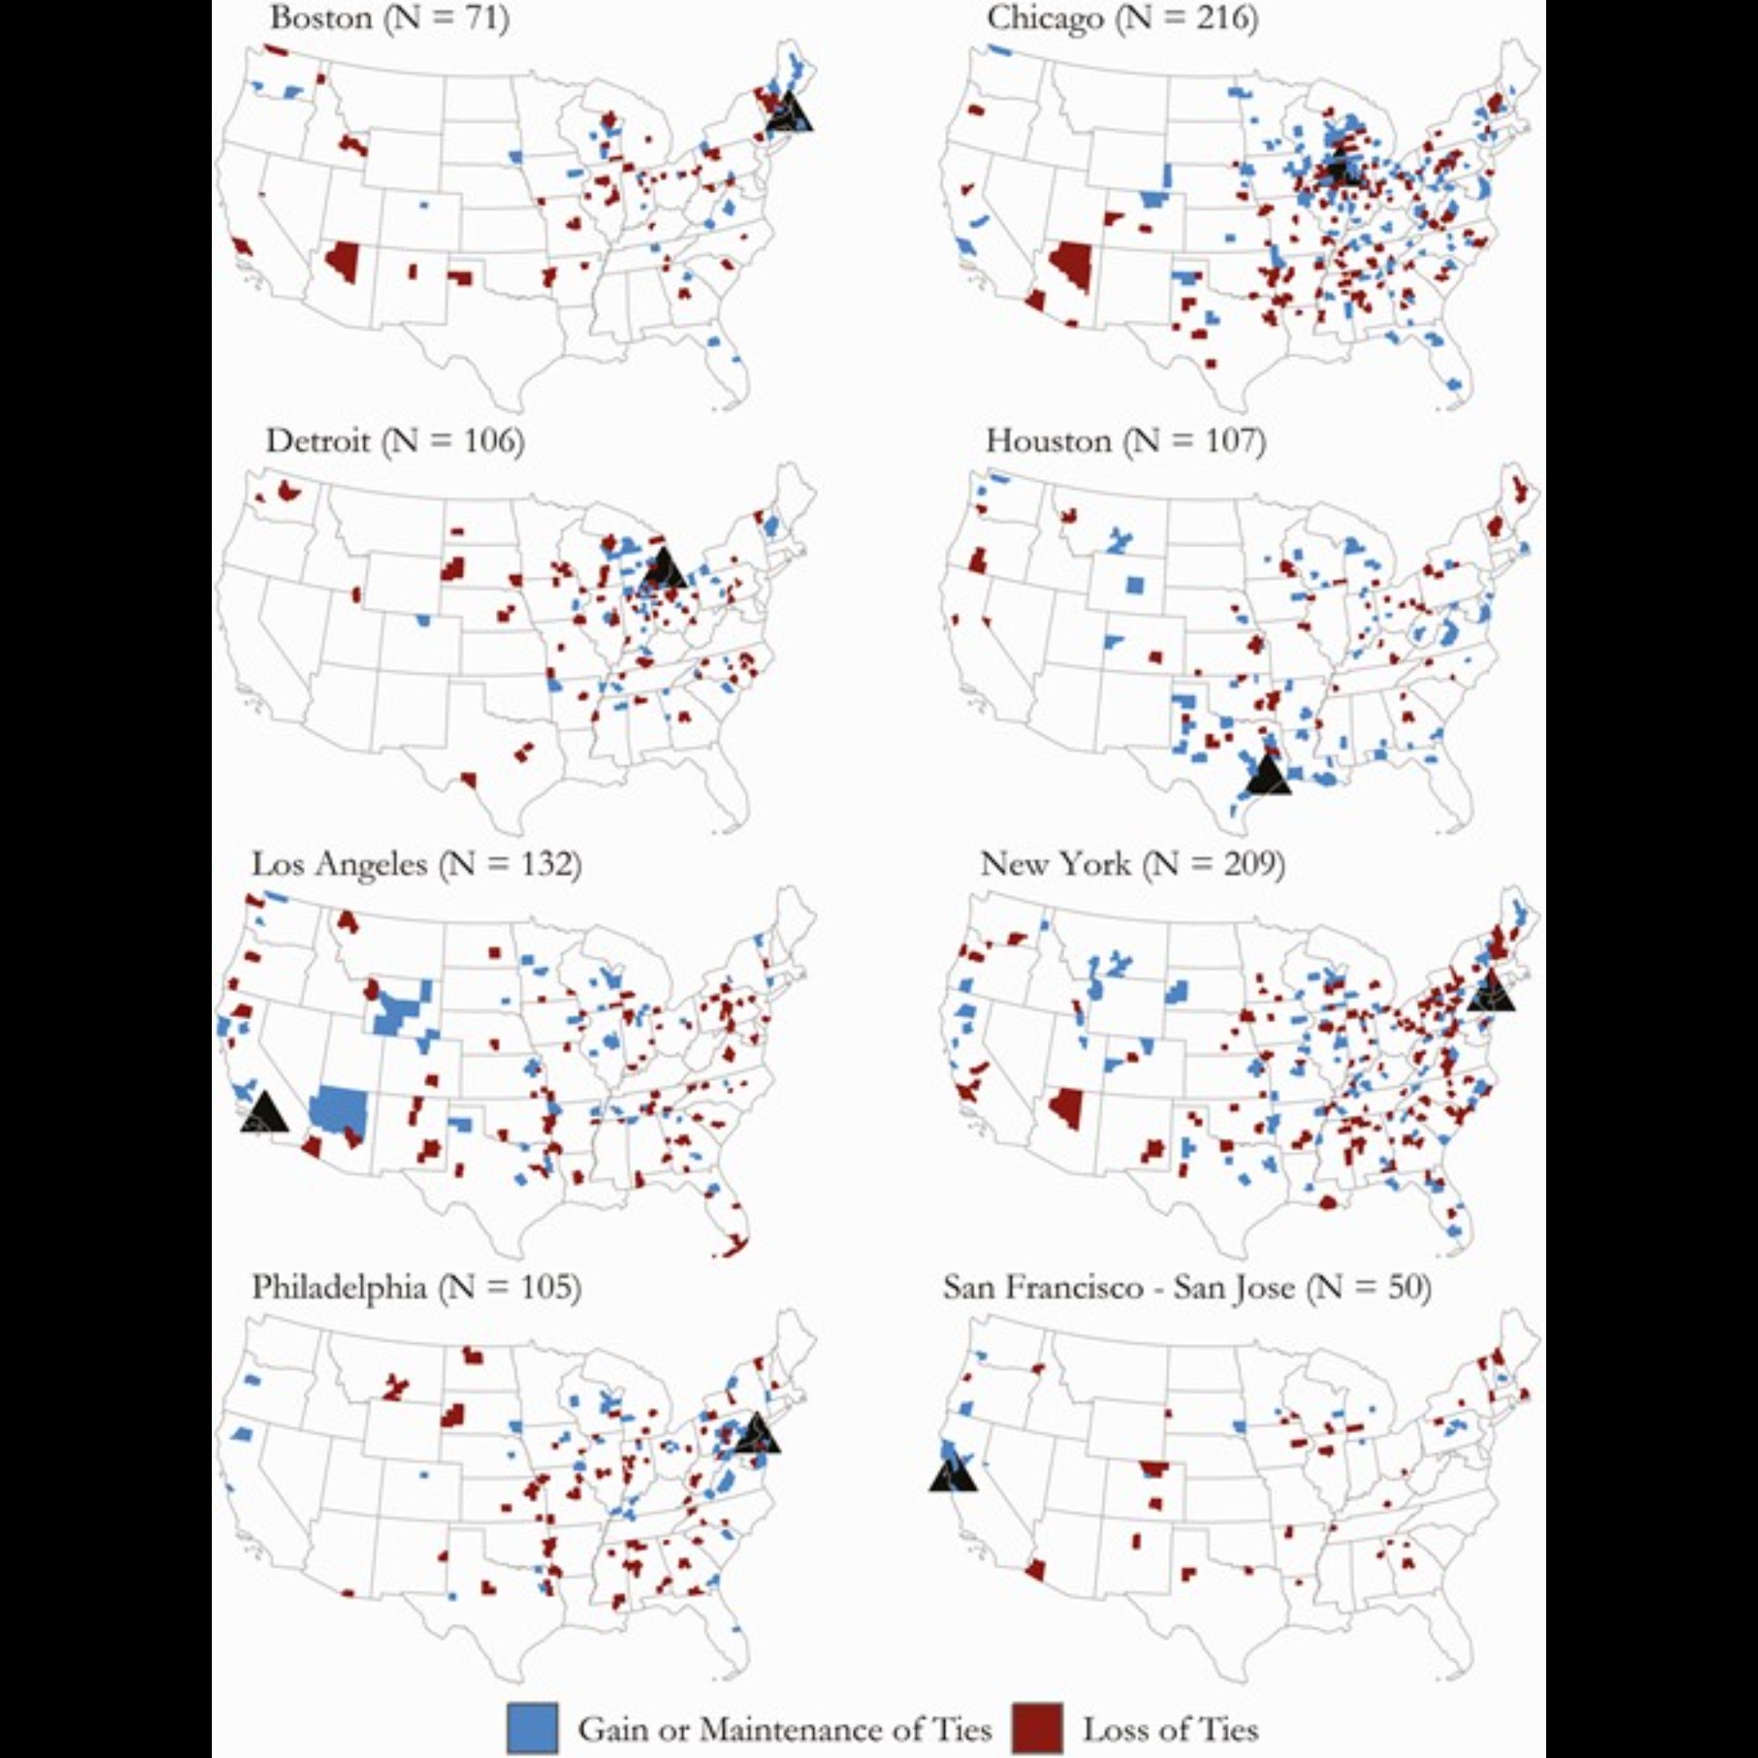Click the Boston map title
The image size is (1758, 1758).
pyautogui.click(x=389, y=18)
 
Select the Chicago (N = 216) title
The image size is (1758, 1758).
pyautogui.click(x=1122, y=18)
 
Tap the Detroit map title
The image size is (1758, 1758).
pyautogui.click(x=395, y=441)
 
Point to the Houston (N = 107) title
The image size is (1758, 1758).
pyautogui.click(x=1126, y=441)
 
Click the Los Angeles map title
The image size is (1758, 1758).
pyautogui.click(x=416, y=863)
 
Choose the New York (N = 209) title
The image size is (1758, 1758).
pyautogui.click(x=1132, y=863)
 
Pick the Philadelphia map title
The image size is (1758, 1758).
pyautogui.click(x=416, y=1287)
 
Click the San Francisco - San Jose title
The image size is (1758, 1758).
pyautogui.click(x=1187, y=1287)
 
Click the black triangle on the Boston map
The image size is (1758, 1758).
pyautogui.click(x=789, y=113)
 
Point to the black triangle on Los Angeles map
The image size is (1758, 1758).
pyautogui.click(x=264, y=1114)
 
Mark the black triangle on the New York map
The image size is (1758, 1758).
pyautogui.click(x=1491, y=992)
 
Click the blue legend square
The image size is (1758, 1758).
pyautogui.click(x=532, y=1728)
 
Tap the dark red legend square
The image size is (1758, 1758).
pyautogui.click(x=1038, y=1728)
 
